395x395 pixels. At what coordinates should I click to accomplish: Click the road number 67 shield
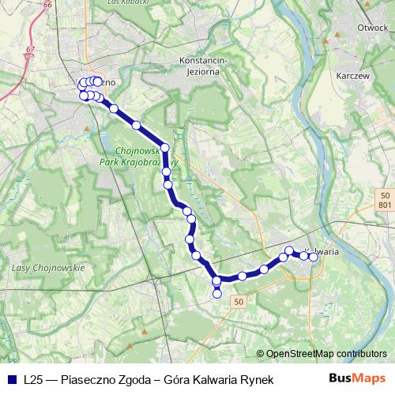[30, 50]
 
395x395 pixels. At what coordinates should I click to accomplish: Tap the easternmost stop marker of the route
[314, 256]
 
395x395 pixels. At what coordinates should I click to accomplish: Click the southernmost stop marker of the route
[217, 294]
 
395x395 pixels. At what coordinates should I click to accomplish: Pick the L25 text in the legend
[33, 379]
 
